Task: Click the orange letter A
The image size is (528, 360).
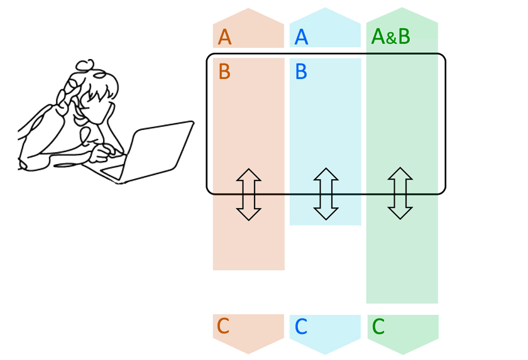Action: (225, 37)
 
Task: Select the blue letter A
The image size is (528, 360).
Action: (301, 37)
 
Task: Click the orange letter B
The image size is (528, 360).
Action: (224, 72)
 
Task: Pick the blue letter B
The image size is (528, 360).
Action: (301, 72)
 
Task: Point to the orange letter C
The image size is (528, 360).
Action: (223, 326)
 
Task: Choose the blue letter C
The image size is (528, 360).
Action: (301, 327)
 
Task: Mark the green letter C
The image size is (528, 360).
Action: (378, 327)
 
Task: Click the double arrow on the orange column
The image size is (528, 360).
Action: (249, 194)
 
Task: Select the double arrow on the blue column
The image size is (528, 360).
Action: (326, 194)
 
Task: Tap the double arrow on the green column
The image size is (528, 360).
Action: (400, 193)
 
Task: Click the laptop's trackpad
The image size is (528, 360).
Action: (113, 170)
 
